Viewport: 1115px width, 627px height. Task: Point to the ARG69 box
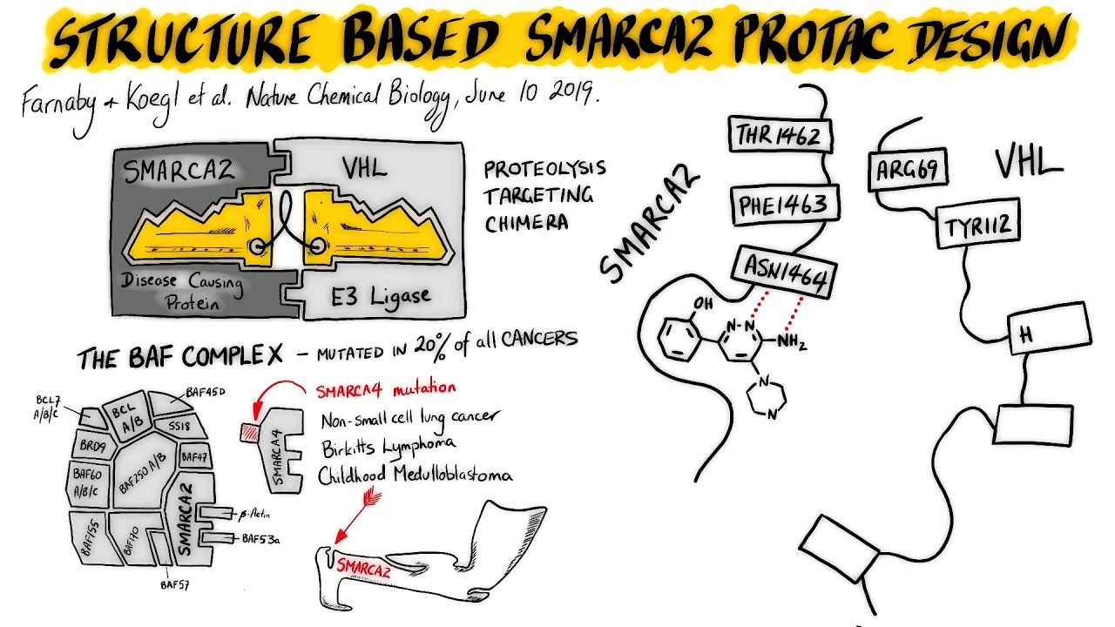coord(909,170)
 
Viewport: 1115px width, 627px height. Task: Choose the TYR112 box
coord(977,226)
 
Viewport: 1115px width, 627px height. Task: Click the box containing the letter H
coord(1048,330)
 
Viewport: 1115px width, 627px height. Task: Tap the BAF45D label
coord(206,393)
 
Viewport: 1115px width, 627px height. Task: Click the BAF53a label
coord(260,539)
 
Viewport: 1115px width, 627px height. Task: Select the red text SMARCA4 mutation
coord(385,389)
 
